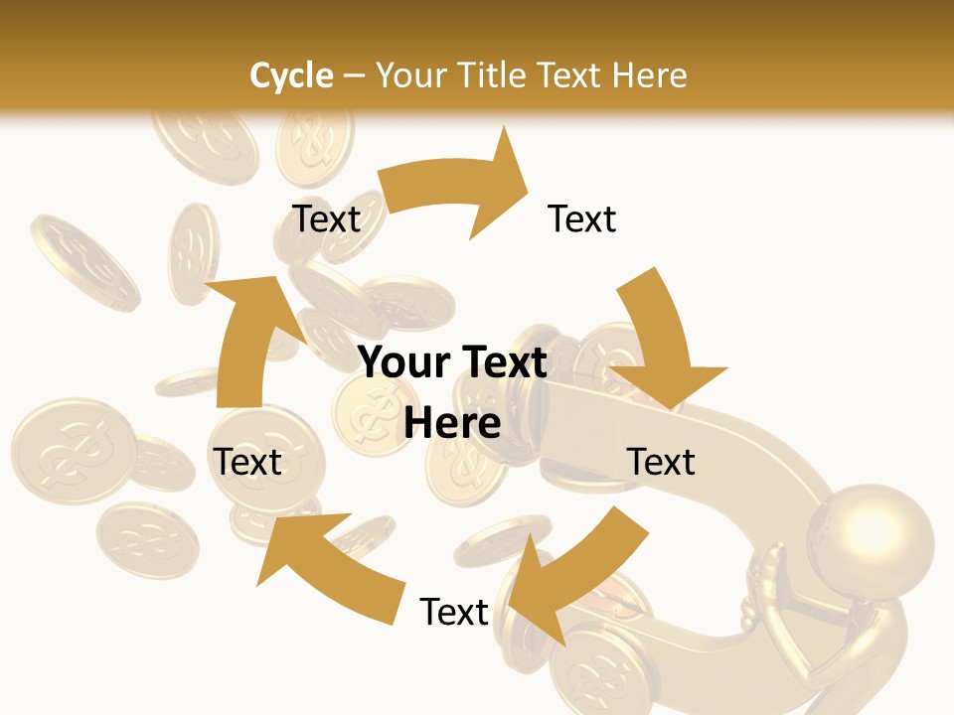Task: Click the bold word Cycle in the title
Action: [291, 75]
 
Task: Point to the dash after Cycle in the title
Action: [354, 75]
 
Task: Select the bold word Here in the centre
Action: [452, 423]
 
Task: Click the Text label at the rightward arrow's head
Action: [582, 218]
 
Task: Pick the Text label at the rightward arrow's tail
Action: [326, 218]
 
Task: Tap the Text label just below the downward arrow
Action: [661, 462]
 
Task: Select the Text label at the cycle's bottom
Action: [454, 612]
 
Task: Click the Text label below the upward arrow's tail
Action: [248, 462]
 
